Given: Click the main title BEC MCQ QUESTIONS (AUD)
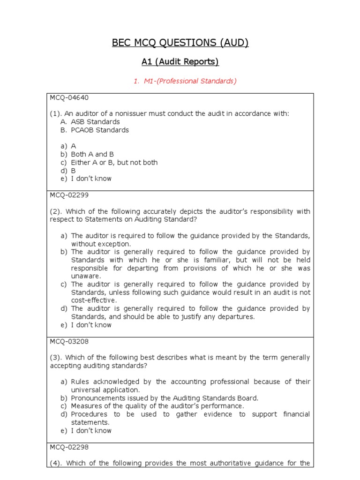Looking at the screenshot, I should (x=180, y=43).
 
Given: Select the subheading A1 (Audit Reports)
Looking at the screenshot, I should (x=180, y=62).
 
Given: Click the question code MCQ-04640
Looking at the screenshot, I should (x=69, y=97).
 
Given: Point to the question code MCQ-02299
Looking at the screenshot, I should (x=69, y=195).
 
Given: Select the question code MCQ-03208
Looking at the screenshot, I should (x=69, y=341).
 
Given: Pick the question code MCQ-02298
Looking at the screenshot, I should (x=69, y=447).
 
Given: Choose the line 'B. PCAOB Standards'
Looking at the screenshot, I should (x=94, y=130).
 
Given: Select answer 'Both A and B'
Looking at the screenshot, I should (x=92, y=154).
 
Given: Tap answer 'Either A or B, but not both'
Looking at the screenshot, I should (x=114, y=162).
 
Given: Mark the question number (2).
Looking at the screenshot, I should (x=56, y=211).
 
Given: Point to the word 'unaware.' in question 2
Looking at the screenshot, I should (x=86, y=276).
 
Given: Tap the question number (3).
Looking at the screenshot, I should (x=56, y=358).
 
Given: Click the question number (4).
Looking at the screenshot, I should (x=56, y=463).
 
